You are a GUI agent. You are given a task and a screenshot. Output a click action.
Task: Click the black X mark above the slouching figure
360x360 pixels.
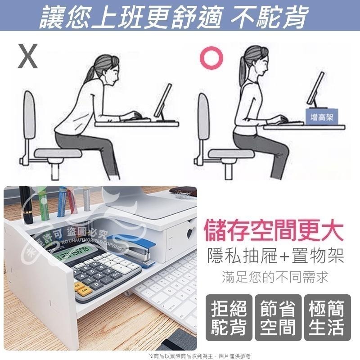coord(27,56)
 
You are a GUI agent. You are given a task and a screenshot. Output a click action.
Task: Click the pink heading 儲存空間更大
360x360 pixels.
coord(274,230)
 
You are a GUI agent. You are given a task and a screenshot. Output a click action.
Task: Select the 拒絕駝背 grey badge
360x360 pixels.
coord(229,319)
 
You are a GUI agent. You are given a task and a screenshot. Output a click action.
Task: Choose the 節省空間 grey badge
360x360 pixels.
coord(278,319)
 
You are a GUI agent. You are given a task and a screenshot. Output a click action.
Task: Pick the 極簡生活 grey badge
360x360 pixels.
coord(327,319)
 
